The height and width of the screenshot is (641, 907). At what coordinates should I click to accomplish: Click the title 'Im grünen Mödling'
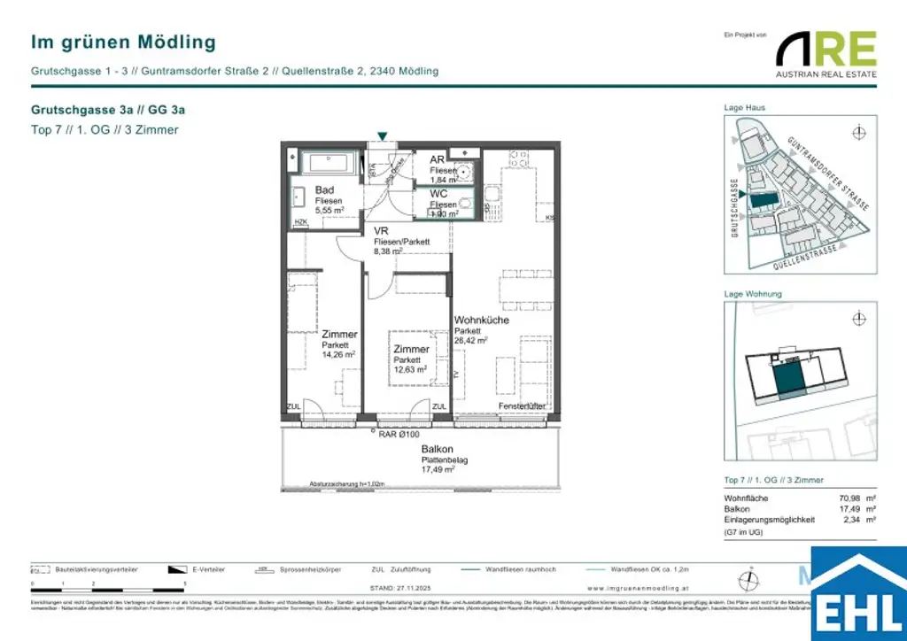coord(123,42)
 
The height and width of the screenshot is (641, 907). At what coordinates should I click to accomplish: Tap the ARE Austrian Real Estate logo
coord(826,54)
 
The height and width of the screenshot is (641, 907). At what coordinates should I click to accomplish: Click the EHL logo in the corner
coord(858,596)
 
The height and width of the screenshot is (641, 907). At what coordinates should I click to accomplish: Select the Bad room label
coord(324,190)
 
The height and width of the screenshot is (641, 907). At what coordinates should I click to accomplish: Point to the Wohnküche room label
coord(481,320)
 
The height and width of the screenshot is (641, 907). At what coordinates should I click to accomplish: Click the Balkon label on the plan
coord(438,450)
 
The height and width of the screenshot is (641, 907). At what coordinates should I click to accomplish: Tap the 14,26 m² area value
coord(338,354)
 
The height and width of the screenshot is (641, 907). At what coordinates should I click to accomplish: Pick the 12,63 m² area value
coord(409,370)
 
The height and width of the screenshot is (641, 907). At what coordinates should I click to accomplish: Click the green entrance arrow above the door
coord(382,135)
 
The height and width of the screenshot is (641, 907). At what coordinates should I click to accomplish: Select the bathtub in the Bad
coord(329,164)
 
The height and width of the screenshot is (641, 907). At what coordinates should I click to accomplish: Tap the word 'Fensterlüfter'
coord(521,405)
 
